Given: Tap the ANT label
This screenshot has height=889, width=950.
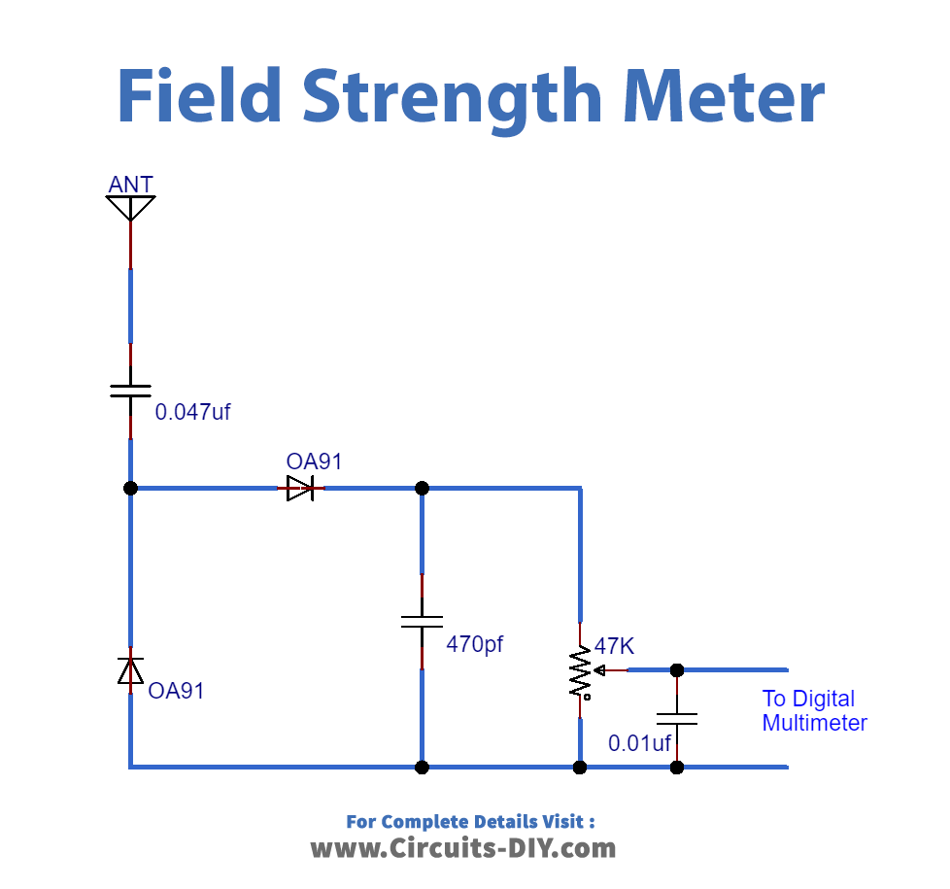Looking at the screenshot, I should pyautogui.click(x=130, y=185).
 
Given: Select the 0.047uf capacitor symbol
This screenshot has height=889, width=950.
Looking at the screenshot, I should pyautogui.click(x=130, y=391).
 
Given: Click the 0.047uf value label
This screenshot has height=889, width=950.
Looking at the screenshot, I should pyautogui.click(x=192, y=412).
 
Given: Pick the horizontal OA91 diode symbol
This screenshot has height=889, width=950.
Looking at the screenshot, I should pyautogui.click(x=300, y=488).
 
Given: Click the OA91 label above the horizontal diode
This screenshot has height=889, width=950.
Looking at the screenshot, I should pyautogui.click(x=314, y=462).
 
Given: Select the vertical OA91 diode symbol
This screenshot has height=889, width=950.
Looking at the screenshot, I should pyautogui.click(x=130, y=670).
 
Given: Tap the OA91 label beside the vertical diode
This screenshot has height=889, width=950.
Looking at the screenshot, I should pyautogui.click(x=176, y=692).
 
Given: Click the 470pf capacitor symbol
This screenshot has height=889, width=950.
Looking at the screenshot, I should pyautogui.click(x=422, y=622).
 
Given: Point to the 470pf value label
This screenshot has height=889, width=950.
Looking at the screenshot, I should pyautogui.click(x=475, y=643).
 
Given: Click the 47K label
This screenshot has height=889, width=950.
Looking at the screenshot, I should pyautogui.click(x=614, y=646).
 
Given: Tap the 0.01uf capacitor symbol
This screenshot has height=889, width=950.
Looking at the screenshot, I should pyautogui.click(x=677, y=719).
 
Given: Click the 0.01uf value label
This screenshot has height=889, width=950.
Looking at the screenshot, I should pyautogui.click(x=639, y=744).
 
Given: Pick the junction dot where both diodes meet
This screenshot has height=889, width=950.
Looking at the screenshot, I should pyautogui.click(x=130, y=488).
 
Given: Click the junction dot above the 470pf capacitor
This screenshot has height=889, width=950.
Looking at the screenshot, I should pyautogui.click(x=422, y=488).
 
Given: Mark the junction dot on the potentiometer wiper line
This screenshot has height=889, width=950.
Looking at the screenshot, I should pyautogui.click(x=677, y=669).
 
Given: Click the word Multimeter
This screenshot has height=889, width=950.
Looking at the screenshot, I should pyautogui.click(x=814, y=723).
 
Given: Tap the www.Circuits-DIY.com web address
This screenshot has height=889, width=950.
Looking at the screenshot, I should pyautogui.click(x=463, y=848).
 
